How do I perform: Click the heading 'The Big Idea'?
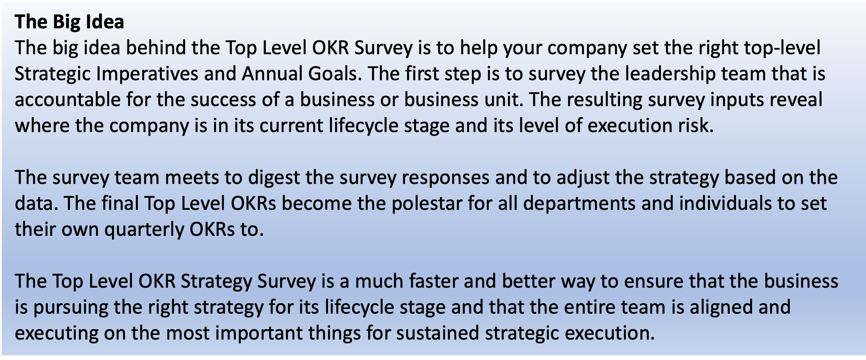tap(70, 22)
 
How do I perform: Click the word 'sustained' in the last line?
tap(437, 333)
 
